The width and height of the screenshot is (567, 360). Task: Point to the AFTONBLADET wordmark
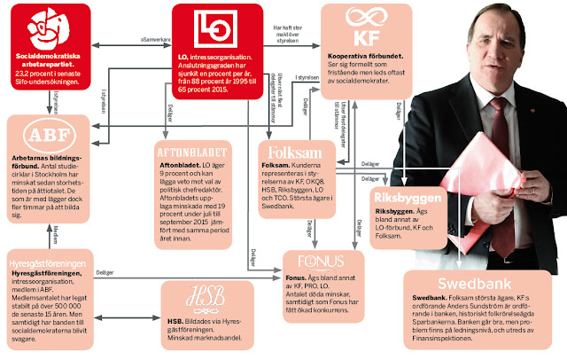pyautogui.click(x=195, y=148)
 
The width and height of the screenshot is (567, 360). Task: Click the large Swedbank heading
pyautogui.click(x=451, y=285)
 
